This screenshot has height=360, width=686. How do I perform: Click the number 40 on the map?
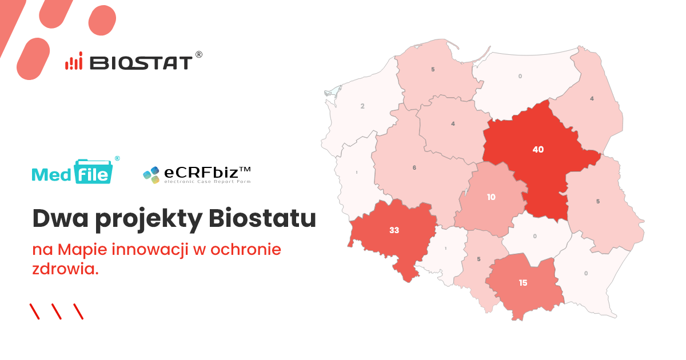(x=538, y=150)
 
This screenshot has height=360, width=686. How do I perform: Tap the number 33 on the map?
(x=394, y=230)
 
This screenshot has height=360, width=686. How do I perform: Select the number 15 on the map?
(x=523, y=282)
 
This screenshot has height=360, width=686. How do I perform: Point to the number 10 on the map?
(x=491, y=198)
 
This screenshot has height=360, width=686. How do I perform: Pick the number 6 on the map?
(x=414, y=167)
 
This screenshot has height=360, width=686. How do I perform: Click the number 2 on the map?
(x=362, y=106)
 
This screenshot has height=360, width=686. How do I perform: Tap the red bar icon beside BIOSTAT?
(x=74, y=62)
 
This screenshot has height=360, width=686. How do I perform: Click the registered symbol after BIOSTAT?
(x=199, y=54)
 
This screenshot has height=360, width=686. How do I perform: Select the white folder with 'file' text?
(x=93, y=173)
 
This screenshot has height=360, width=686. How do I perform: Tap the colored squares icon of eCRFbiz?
(x=151, y=174)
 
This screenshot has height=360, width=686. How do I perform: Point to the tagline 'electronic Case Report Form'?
(x=207, y=182)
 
